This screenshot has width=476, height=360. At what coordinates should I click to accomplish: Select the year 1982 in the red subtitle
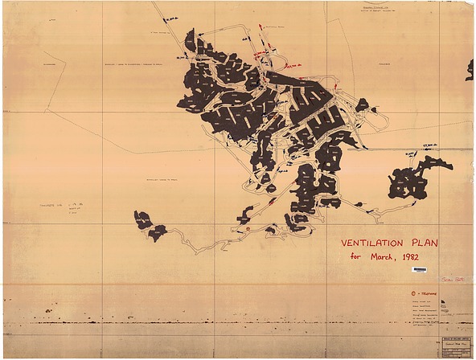pyautogui.click(x=416, y=257)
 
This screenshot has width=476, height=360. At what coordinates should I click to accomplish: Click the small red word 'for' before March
pyautogui.click(x=356, y=257)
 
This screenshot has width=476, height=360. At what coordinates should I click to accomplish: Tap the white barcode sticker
pyautogui.click(x=419, y=270)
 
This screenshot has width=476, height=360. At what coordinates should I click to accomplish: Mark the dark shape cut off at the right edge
pyautogui.click(x=470, y=70)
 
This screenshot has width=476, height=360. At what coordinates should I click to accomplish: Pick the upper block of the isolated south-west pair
pyautogui.click(x=142, y=219)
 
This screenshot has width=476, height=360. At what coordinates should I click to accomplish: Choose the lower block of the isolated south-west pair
pyautogui.click(x=157, y=232)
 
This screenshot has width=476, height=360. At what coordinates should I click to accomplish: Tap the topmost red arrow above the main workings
pyautogui.click(x=260, y=27)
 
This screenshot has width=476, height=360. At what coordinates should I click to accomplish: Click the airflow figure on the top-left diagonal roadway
pyautogui.click(x=171, y=18)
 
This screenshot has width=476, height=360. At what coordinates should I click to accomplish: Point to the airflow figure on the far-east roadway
pyautogui.click(x=412, y=153)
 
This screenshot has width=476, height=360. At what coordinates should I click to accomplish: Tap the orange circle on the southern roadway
pyautogui.click(x=248, y=229)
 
